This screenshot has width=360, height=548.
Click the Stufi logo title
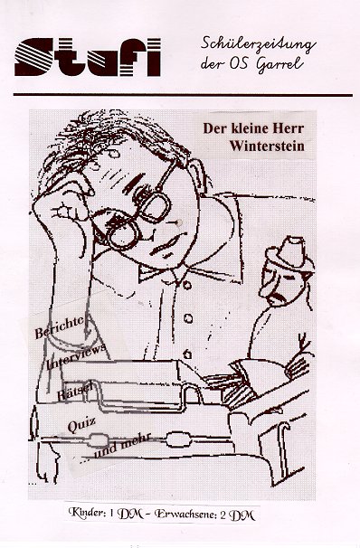(88, 57)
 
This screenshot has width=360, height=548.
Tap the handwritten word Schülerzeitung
(258, 45)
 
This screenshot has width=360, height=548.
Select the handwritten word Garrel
(279, 65)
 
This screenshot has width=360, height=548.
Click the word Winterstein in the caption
(267, 146)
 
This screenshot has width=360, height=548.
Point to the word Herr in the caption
(288, 128)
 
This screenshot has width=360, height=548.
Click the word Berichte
(60, 326)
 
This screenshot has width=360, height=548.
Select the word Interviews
(76, 355)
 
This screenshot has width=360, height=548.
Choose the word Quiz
(81, 425)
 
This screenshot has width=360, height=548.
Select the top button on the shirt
(187, 285)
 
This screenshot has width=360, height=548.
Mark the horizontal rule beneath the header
(183, 95)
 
